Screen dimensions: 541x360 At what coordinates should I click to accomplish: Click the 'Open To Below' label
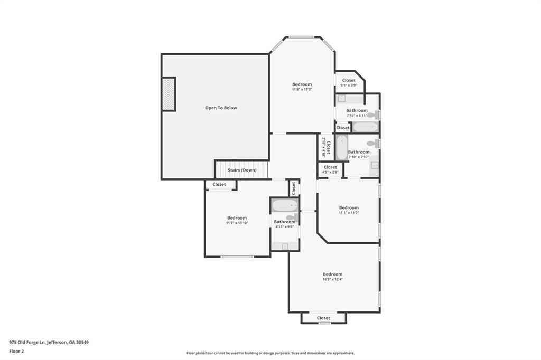pos(221,108)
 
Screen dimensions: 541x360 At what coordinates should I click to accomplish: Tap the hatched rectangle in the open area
pos(169,94)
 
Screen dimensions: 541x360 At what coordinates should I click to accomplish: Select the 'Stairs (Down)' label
pos(242,170)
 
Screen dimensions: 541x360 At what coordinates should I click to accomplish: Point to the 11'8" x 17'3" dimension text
pos(302,89)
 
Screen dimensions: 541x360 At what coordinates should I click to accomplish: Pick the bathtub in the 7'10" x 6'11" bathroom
pos(366,127)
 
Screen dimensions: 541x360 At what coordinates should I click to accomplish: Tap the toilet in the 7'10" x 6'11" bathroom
pos(374,115)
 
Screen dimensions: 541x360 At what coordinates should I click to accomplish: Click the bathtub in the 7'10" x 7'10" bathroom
pos(342,148)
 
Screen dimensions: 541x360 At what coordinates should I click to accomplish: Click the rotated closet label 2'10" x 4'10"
pos(326,147)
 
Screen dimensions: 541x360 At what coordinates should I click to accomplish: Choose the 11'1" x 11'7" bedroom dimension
pos(349,213)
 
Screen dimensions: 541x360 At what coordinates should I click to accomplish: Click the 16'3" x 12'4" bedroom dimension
pos(333,279)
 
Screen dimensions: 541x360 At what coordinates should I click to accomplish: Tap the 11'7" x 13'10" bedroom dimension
pos(237,223)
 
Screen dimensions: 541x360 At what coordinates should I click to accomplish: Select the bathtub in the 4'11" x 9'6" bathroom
pos(285,205)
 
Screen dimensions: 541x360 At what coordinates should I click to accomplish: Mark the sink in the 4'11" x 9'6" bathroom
pos(285,246)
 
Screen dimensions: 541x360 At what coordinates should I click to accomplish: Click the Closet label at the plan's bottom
pos(323,318)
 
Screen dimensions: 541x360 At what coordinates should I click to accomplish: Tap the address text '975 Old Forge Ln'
pos(27,343)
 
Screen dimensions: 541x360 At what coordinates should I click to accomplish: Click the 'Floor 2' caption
pos(16,352)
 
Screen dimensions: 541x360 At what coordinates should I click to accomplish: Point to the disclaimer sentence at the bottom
pos(270,353)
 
